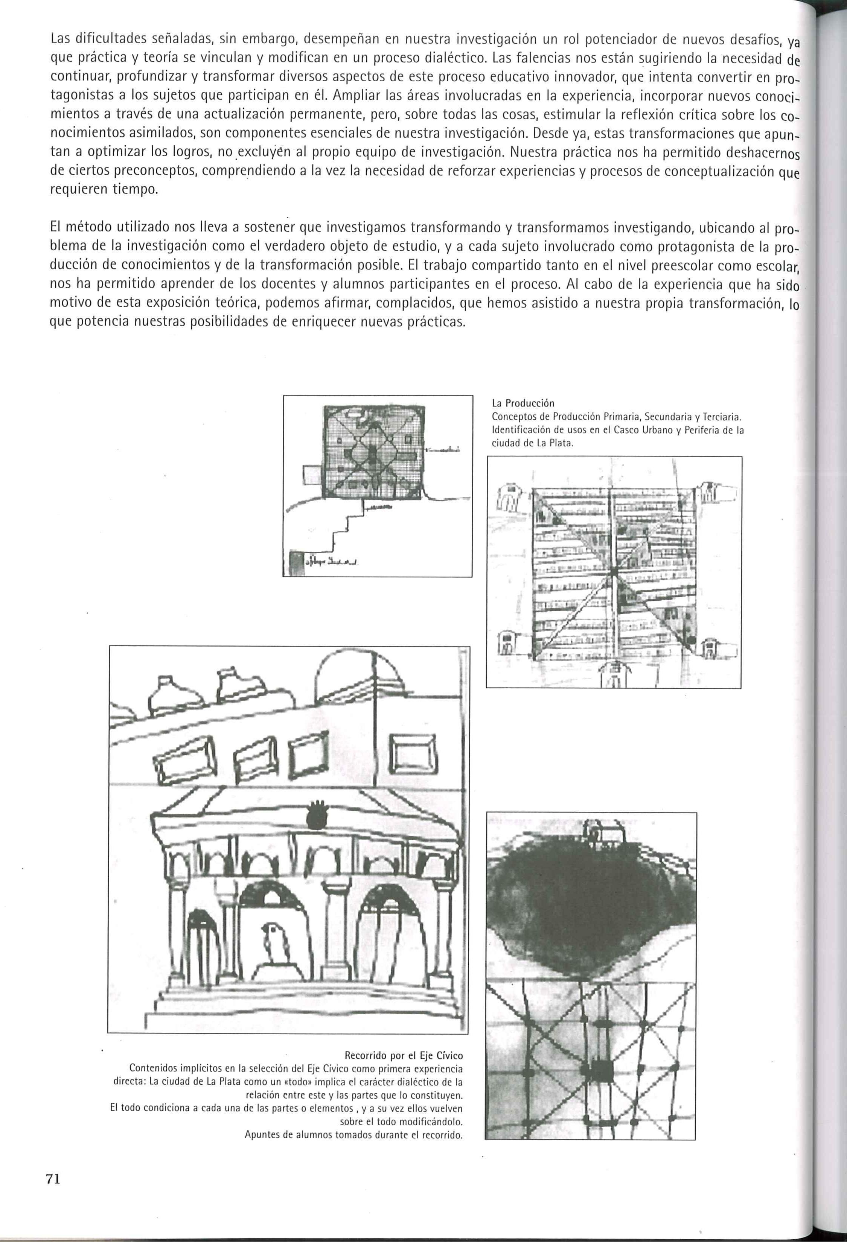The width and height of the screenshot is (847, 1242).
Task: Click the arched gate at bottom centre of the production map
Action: point(614,675)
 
